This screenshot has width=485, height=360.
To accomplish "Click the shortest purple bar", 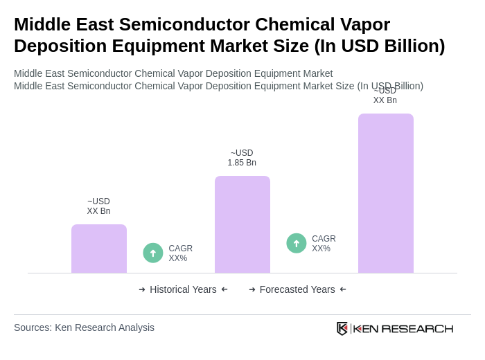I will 99,249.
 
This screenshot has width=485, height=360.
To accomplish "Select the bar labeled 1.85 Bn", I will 242,224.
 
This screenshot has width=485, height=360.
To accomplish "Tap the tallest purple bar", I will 386,193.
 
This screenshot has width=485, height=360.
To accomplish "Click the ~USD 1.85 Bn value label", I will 242,158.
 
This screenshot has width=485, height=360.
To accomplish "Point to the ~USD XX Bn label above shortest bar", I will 98,206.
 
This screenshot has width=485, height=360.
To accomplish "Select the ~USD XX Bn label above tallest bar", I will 385,96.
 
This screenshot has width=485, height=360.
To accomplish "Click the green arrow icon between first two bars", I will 153,253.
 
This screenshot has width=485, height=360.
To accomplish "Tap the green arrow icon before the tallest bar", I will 297,243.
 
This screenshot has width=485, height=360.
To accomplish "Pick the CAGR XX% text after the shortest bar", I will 181,253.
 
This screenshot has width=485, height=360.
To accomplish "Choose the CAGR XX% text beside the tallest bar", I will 324,244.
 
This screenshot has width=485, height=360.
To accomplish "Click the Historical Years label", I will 183,289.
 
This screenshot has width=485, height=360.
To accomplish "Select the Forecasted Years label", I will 297,289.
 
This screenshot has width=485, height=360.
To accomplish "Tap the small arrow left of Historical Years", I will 142,289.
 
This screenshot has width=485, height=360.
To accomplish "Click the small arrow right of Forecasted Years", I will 343,289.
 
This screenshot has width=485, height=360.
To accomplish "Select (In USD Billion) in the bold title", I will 380,46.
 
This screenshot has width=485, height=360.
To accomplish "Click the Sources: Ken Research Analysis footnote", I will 84,327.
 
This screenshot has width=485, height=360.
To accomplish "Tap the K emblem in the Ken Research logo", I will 342,328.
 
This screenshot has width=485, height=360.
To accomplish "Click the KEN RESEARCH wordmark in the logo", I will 403,329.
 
